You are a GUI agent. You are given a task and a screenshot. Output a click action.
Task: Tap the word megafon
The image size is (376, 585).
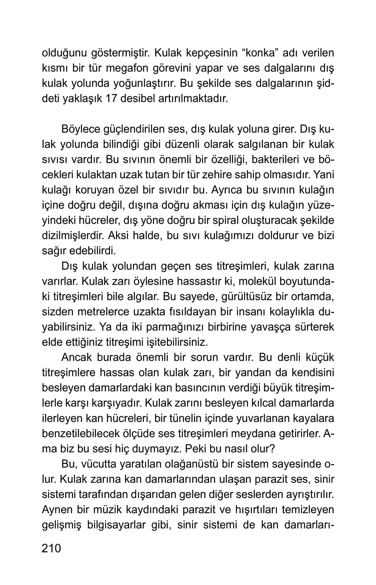pyautogui.click(x=133, y=68)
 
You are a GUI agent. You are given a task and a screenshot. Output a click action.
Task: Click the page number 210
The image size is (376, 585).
pyautogui.click(x=51, y=548)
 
